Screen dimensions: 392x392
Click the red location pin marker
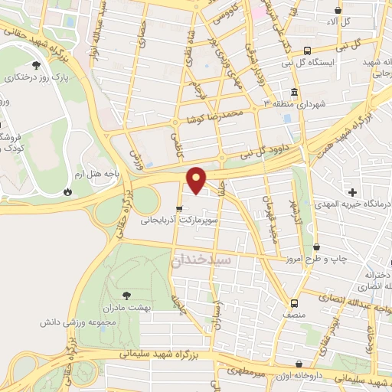198,179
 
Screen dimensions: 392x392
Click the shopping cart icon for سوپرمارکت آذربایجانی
179,207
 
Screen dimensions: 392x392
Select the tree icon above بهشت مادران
126,294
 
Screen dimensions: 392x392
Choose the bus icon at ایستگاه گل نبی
306,48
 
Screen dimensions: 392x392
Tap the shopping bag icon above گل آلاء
339,10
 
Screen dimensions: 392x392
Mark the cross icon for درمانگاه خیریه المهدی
351,191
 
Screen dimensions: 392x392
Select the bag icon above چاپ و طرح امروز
317,247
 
